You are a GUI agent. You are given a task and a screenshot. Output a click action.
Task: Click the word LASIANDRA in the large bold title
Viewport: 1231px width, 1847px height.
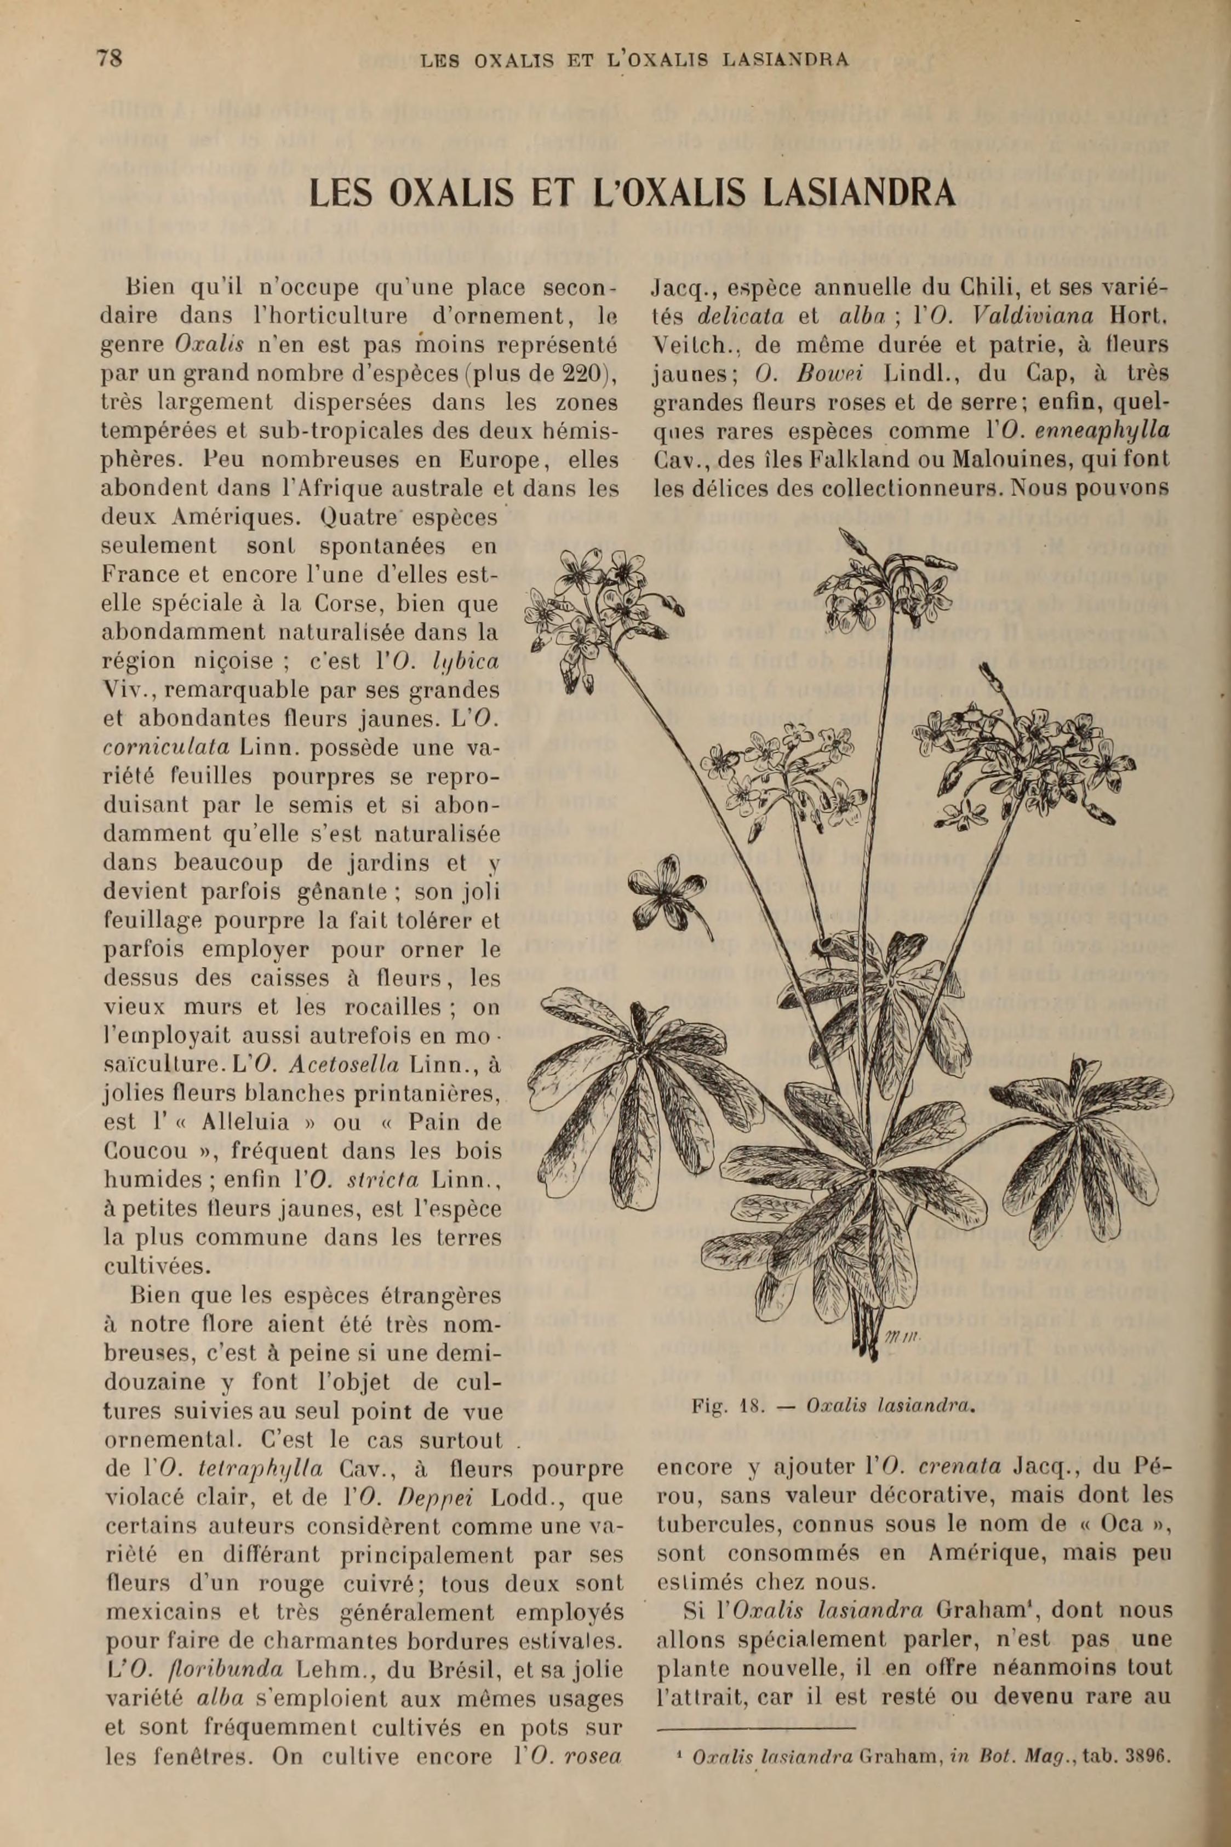point(854,193)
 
